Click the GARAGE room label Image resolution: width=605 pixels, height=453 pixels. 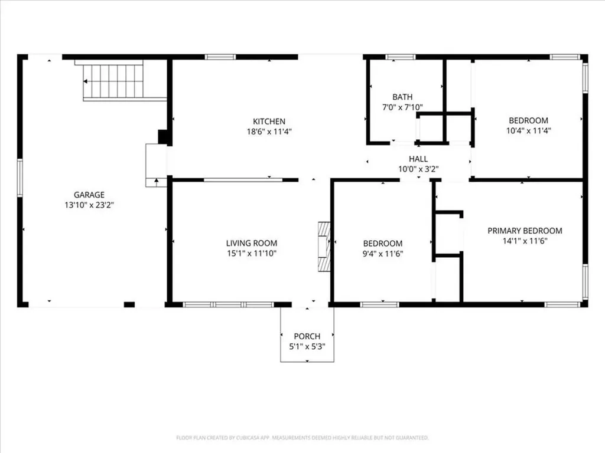pos(89,195)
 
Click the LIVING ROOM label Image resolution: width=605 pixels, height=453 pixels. pos(252,243)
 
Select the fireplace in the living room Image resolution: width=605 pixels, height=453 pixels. pos(324,247)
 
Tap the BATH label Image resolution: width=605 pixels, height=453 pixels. pos(402,97)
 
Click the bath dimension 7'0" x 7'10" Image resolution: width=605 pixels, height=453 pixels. pos(402,107)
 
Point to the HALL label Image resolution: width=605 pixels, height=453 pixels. pos(418,159)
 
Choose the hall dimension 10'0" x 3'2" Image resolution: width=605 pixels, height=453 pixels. pos(418,169)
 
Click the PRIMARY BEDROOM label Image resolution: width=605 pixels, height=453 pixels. pos(525,231)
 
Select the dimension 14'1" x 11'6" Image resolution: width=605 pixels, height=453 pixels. pos(525,241)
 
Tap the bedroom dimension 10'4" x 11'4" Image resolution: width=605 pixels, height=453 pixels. pos(528,131)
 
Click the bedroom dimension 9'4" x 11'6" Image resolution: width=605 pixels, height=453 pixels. pos(383,254)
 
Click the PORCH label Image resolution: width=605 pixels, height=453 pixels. pos(307,336)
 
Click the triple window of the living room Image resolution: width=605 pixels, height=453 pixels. pos(228,304)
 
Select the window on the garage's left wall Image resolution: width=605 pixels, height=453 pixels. pos(19,178)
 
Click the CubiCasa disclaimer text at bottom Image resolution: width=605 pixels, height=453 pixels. pos(302,438)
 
